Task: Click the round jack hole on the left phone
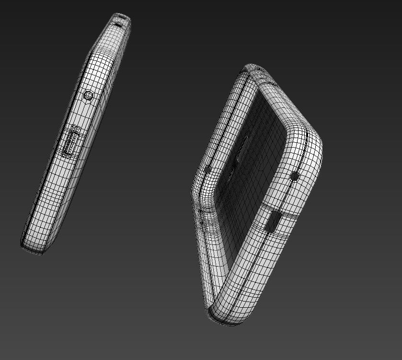click(x=88, y=95)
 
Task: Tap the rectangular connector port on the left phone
click(x=72, y=142)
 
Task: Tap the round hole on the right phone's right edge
click(x=294, y=176)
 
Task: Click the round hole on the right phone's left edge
click(x=207, y=170)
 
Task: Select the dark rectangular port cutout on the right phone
click(x=272, y=221)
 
